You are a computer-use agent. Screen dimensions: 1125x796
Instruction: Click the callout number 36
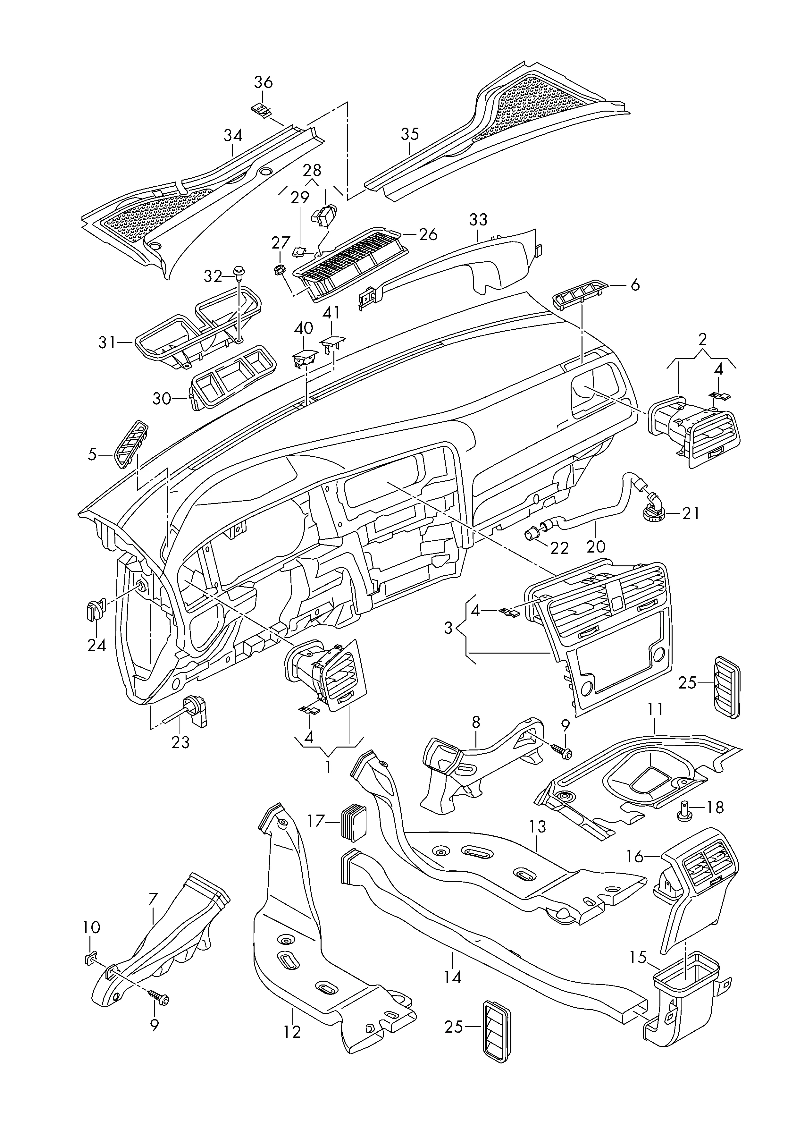click(x=263, y=82)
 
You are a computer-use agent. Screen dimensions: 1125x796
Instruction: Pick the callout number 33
click(x=478, y=220)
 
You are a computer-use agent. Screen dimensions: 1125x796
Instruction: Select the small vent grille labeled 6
click(x=580, y=296)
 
